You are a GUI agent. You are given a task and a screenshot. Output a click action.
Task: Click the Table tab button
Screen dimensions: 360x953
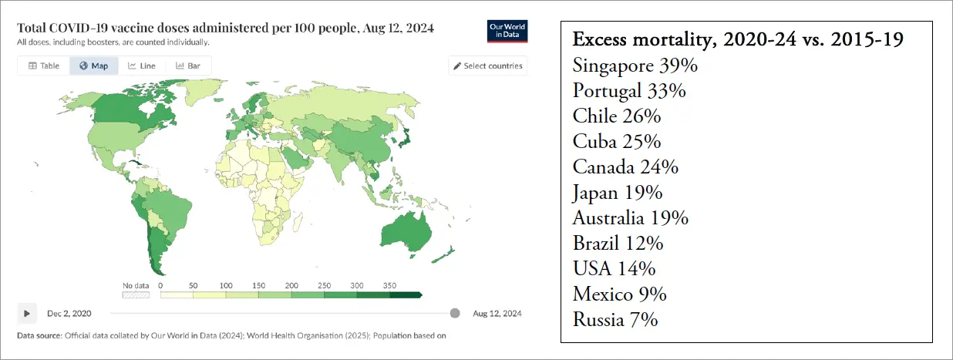click(44, 66)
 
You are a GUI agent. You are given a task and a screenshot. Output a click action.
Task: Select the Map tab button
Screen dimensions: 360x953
click(93, 66)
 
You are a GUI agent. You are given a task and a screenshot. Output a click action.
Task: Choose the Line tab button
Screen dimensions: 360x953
click(141, 66)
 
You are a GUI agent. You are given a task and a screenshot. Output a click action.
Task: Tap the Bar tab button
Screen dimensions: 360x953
click(188, 66)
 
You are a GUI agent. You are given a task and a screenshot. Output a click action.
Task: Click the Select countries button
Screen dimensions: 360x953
click(487, 66)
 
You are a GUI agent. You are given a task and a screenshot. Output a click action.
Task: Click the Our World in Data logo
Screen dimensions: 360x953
click(508, 31)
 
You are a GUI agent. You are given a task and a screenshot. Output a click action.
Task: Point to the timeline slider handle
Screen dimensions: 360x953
click(455, 313)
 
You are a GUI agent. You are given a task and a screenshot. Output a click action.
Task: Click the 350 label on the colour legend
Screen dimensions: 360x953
click(391, 285)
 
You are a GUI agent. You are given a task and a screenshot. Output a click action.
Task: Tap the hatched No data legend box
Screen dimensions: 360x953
click(136, 294)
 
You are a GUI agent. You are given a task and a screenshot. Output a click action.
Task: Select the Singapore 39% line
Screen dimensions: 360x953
click(635, 66)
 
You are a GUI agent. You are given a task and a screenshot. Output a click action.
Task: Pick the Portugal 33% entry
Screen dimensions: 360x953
click(629, 91)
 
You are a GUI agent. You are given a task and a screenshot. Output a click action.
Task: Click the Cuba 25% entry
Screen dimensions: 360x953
click(617, 142)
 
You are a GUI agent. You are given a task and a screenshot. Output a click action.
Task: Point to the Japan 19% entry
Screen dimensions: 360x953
click(618, 193)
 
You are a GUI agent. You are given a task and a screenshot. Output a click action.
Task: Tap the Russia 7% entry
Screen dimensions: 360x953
click(615, 319)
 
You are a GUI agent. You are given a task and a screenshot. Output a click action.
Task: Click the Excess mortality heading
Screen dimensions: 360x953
click(738, 41)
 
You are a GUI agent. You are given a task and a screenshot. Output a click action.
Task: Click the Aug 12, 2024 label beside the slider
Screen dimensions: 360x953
click(497, 313)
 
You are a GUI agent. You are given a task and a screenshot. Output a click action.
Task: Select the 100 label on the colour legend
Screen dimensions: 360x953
click(226, 285)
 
